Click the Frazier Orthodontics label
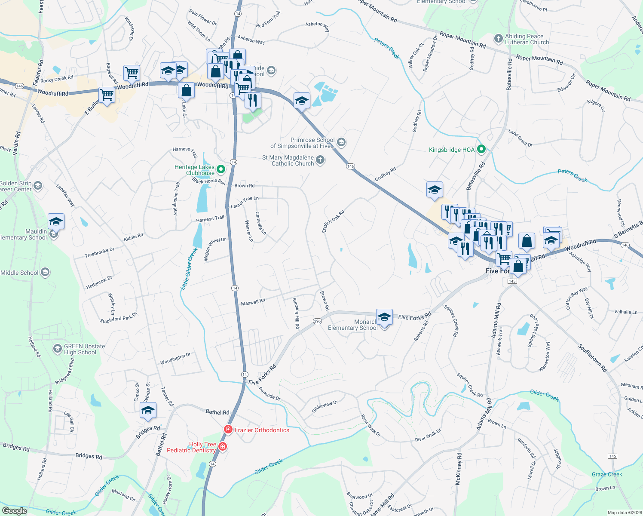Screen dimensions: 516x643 [262, 430]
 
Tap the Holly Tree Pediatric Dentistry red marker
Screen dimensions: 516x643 [223, 446]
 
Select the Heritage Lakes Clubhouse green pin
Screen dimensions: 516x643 [221, 169]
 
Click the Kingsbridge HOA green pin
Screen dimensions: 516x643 [481, 150]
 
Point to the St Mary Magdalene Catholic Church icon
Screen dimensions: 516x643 [320, 160]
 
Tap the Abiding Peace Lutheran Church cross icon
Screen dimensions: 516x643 [498, 39]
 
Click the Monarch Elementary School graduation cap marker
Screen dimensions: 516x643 [384, 317]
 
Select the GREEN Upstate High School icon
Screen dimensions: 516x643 [57, 349]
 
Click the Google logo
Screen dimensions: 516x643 [14, 511]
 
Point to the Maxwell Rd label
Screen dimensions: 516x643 [253, 302]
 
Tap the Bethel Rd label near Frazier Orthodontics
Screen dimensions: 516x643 [217, 412]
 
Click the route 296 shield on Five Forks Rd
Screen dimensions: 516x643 [317, 321]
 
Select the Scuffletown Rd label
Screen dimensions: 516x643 [592, 358]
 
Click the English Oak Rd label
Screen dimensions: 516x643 [334, 221]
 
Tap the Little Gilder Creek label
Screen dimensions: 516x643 [189, 269]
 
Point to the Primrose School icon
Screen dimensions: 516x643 [341, 142]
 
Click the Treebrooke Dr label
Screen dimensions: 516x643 [99, 252]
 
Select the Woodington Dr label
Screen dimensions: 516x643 [175, 359]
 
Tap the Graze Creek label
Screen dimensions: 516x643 [606, 474]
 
